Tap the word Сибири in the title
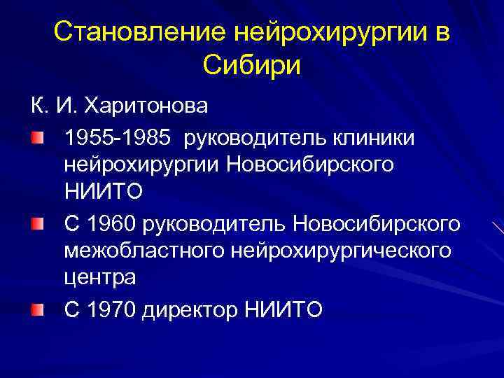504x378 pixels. coord(251,66)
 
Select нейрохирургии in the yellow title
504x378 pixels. coord(330,31)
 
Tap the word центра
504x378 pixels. coord(99,276)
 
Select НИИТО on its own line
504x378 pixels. coord(103,191)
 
